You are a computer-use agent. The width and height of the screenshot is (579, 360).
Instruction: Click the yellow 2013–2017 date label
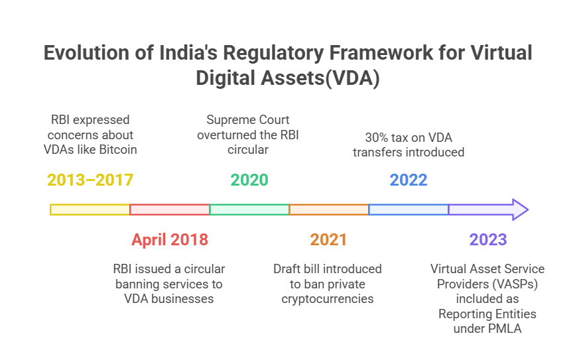[90, 180]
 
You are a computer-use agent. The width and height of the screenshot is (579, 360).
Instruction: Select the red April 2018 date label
[170, 239]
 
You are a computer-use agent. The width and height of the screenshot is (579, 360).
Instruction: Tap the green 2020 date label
[249, 180]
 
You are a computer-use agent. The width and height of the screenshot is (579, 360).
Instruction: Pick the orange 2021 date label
[329, 239]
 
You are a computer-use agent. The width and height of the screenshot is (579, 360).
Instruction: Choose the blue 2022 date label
[409, 180]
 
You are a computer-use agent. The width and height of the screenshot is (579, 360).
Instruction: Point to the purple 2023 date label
[487, 239]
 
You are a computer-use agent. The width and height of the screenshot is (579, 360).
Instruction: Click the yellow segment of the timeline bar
[90, 210]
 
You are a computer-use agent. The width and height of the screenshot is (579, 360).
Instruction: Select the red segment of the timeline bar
[170, 210]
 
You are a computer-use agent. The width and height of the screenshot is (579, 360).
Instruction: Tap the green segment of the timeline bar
[249, 210]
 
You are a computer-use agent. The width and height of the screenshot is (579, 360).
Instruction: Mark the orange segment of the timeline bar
[329, 210]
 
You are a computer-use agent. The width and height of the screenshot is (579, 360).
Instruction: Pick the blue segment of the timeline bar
[409, 210]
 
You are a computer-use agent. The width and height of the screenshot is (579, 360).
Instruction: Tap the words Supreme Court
[248, 120]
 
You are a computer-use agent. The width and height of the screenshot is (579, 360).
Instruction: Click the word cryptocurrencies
[328, 298]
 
